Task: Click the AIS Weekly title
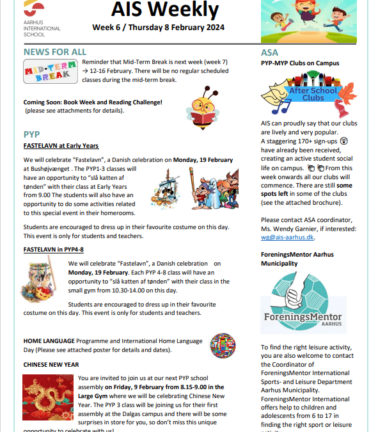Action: pos(165,12)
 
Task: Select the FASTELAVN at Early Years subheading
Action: pos(61,146)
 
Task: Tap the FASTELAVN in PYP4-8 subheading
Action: pos(55,249)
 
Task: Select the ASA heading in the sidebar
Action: pos(269,52)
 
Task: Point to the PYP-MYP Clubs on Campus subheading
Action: pos(299,63)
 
